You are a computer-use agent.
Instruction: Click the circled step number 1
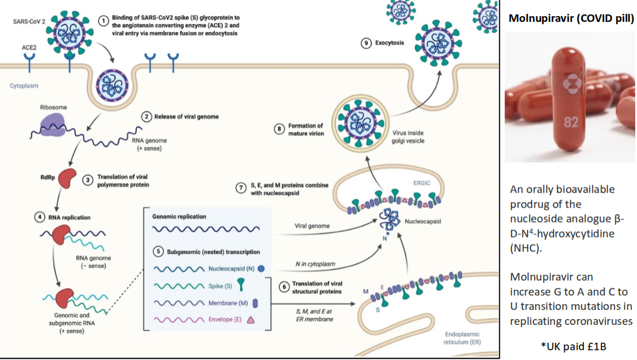tap(104, 21)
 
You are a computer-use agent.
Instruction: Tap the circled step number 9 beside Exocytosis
tap(365, 44)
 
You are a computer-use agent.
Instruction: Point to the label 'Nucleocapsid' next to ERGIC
tap(421, 220)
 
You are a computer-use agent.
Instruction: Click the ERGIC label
tap(422, 183)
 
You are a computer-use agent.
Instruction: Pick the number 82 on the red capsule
tap(571, 122)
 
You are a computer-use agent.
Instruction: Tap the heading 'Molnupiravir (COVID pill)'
tap(571, 18)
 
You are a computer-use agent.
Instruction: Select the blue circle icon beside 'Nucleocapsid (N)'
tap(262, 268)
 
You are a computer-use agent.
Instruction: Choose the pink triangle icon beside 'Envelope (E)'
tap(251, 320)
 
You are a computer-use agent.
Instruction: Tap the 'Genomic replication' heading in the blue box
tap(179, 217)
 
